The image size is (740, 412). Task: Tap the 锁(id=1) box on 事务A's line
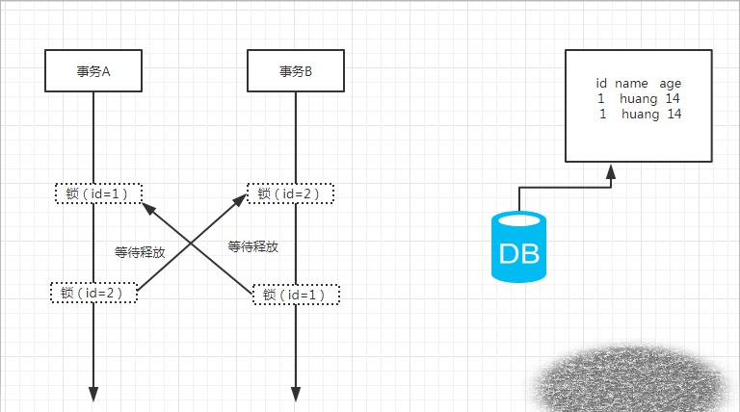point(98,193)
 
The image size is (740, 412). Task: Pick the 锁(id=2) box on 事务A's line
point(93,293)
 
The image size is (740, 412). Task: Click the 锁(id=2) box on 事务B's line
point(291,193)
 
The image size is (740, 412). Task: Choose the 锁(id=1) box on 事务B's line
point(296,295)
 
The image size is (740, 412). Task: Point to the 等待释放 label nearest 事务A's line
point(140,252)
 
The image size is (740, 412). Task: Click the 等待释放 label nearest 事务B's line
point(253,246)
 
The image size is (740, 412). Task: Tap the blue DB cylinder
point(518,247)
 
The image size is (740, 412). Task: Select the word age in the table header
point(671,84)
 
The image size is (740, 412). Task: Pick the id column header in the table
point(601,84)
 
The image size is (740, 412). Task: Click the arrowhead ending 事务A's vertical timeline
point(94,394)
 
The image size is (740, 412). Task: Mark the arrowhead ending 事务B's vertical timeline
point(295,394)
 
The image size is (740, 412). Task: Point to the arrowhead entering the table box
point(611,170)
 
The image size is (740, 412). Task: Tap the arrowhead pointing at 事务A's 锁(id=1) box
point(147,207)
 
